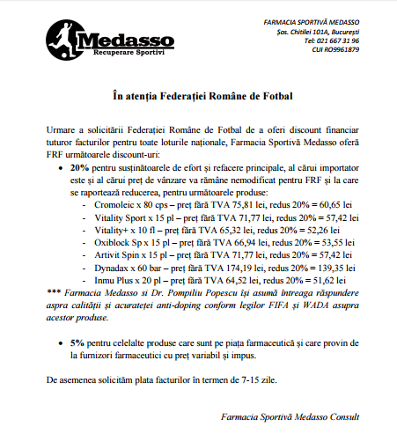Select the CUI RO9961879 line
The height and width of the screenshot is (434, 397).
[332, 49]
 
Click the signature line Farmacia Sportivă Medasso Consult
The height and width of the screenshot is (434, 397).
[303, 416]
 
